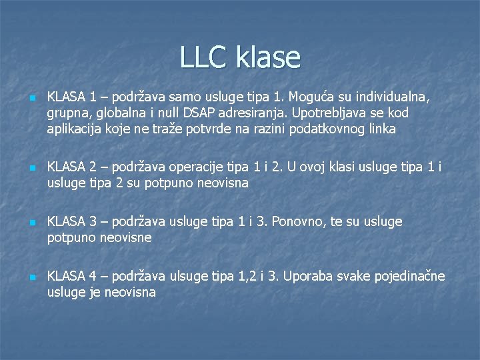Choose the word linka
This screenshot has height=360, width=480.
pyautogui.click(x=381, y=129)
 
